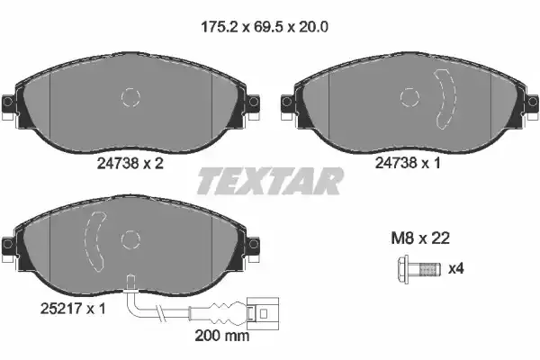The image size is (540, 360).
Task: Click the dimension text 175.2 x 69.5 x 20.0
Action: (x=264, y=26)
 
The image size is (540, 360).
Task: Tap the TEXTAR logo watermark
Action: (x=270, y=181)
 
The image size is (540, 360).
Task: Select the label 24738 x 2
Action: (x=130, y=163)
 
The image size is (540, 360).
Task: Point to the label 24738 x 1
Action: (x=408, y=163)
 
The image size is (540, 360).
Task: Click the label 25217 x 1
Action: (x=73, y=309)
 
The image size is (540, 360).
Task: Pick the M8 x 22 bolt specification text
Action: (x=420, y=238)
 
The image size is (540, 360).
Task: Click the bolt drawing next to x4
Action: (x=419, y=269)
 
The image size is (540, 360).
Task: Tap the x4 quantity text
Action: (x=456, y=268)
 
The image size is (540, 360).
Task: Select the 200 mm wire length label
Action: (x=222, y=335)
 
